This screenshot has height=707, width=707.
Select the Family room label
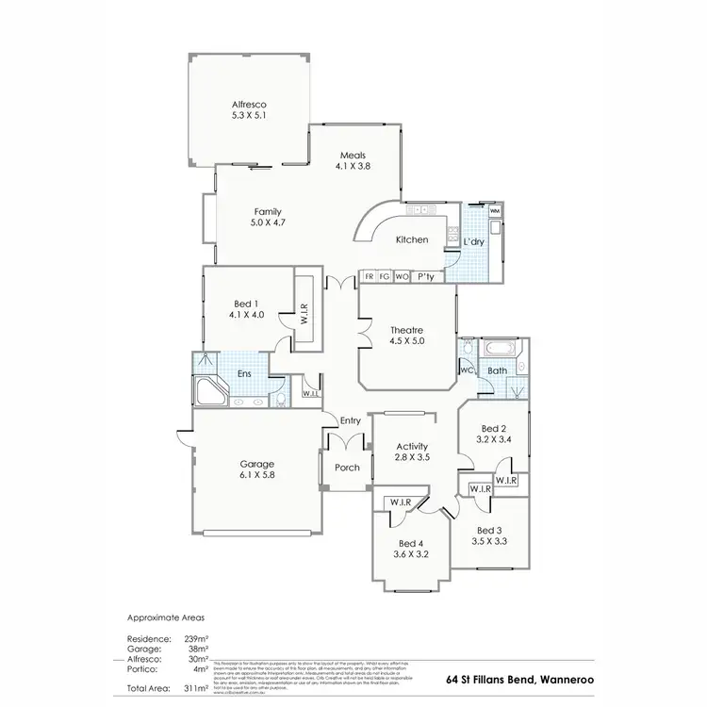click(x=268, y=212)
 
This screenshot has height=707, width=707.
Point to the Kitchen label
click(x=412, y=239)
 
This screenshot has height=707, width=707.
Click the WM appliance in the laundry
click(x=495, y=211)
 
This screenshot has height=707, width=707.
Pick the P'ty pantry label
click(x=426, y=276)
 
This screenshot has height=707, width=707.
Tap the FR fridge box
click(x=369, y=276)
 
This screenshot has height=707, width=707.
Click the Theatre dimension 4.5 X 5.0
click(x=407, y=341)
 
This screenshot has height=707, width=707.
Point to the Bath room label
click(x=496, y=371)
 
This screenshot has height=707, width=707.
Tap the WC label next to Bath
click(x=466, y=370)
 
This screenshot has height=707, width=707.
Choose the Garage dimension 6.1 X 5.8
click(x=256, y=476)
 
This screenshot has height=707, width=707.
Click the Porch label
click(x=348, y=467)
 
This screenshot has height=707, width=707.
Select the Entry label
click(x=351, y=420)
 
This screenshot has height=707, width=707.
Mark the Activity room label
click(x=412, y=446)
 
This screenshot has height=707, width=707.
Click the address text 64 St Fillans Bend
click(x=496, y=679)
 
